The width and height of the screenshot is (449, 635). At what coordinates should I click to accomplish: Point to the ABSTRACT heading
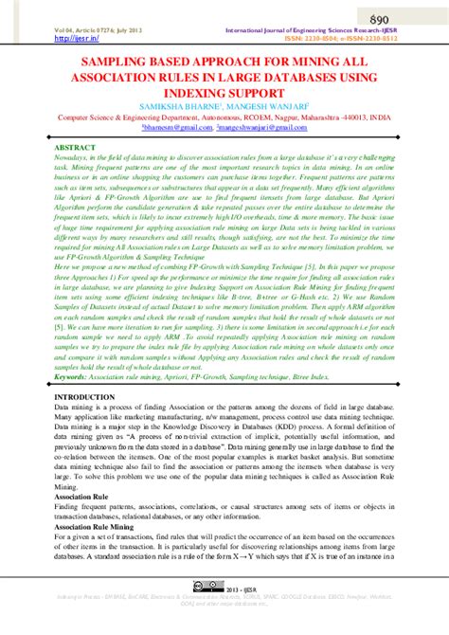pos(75,149)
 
